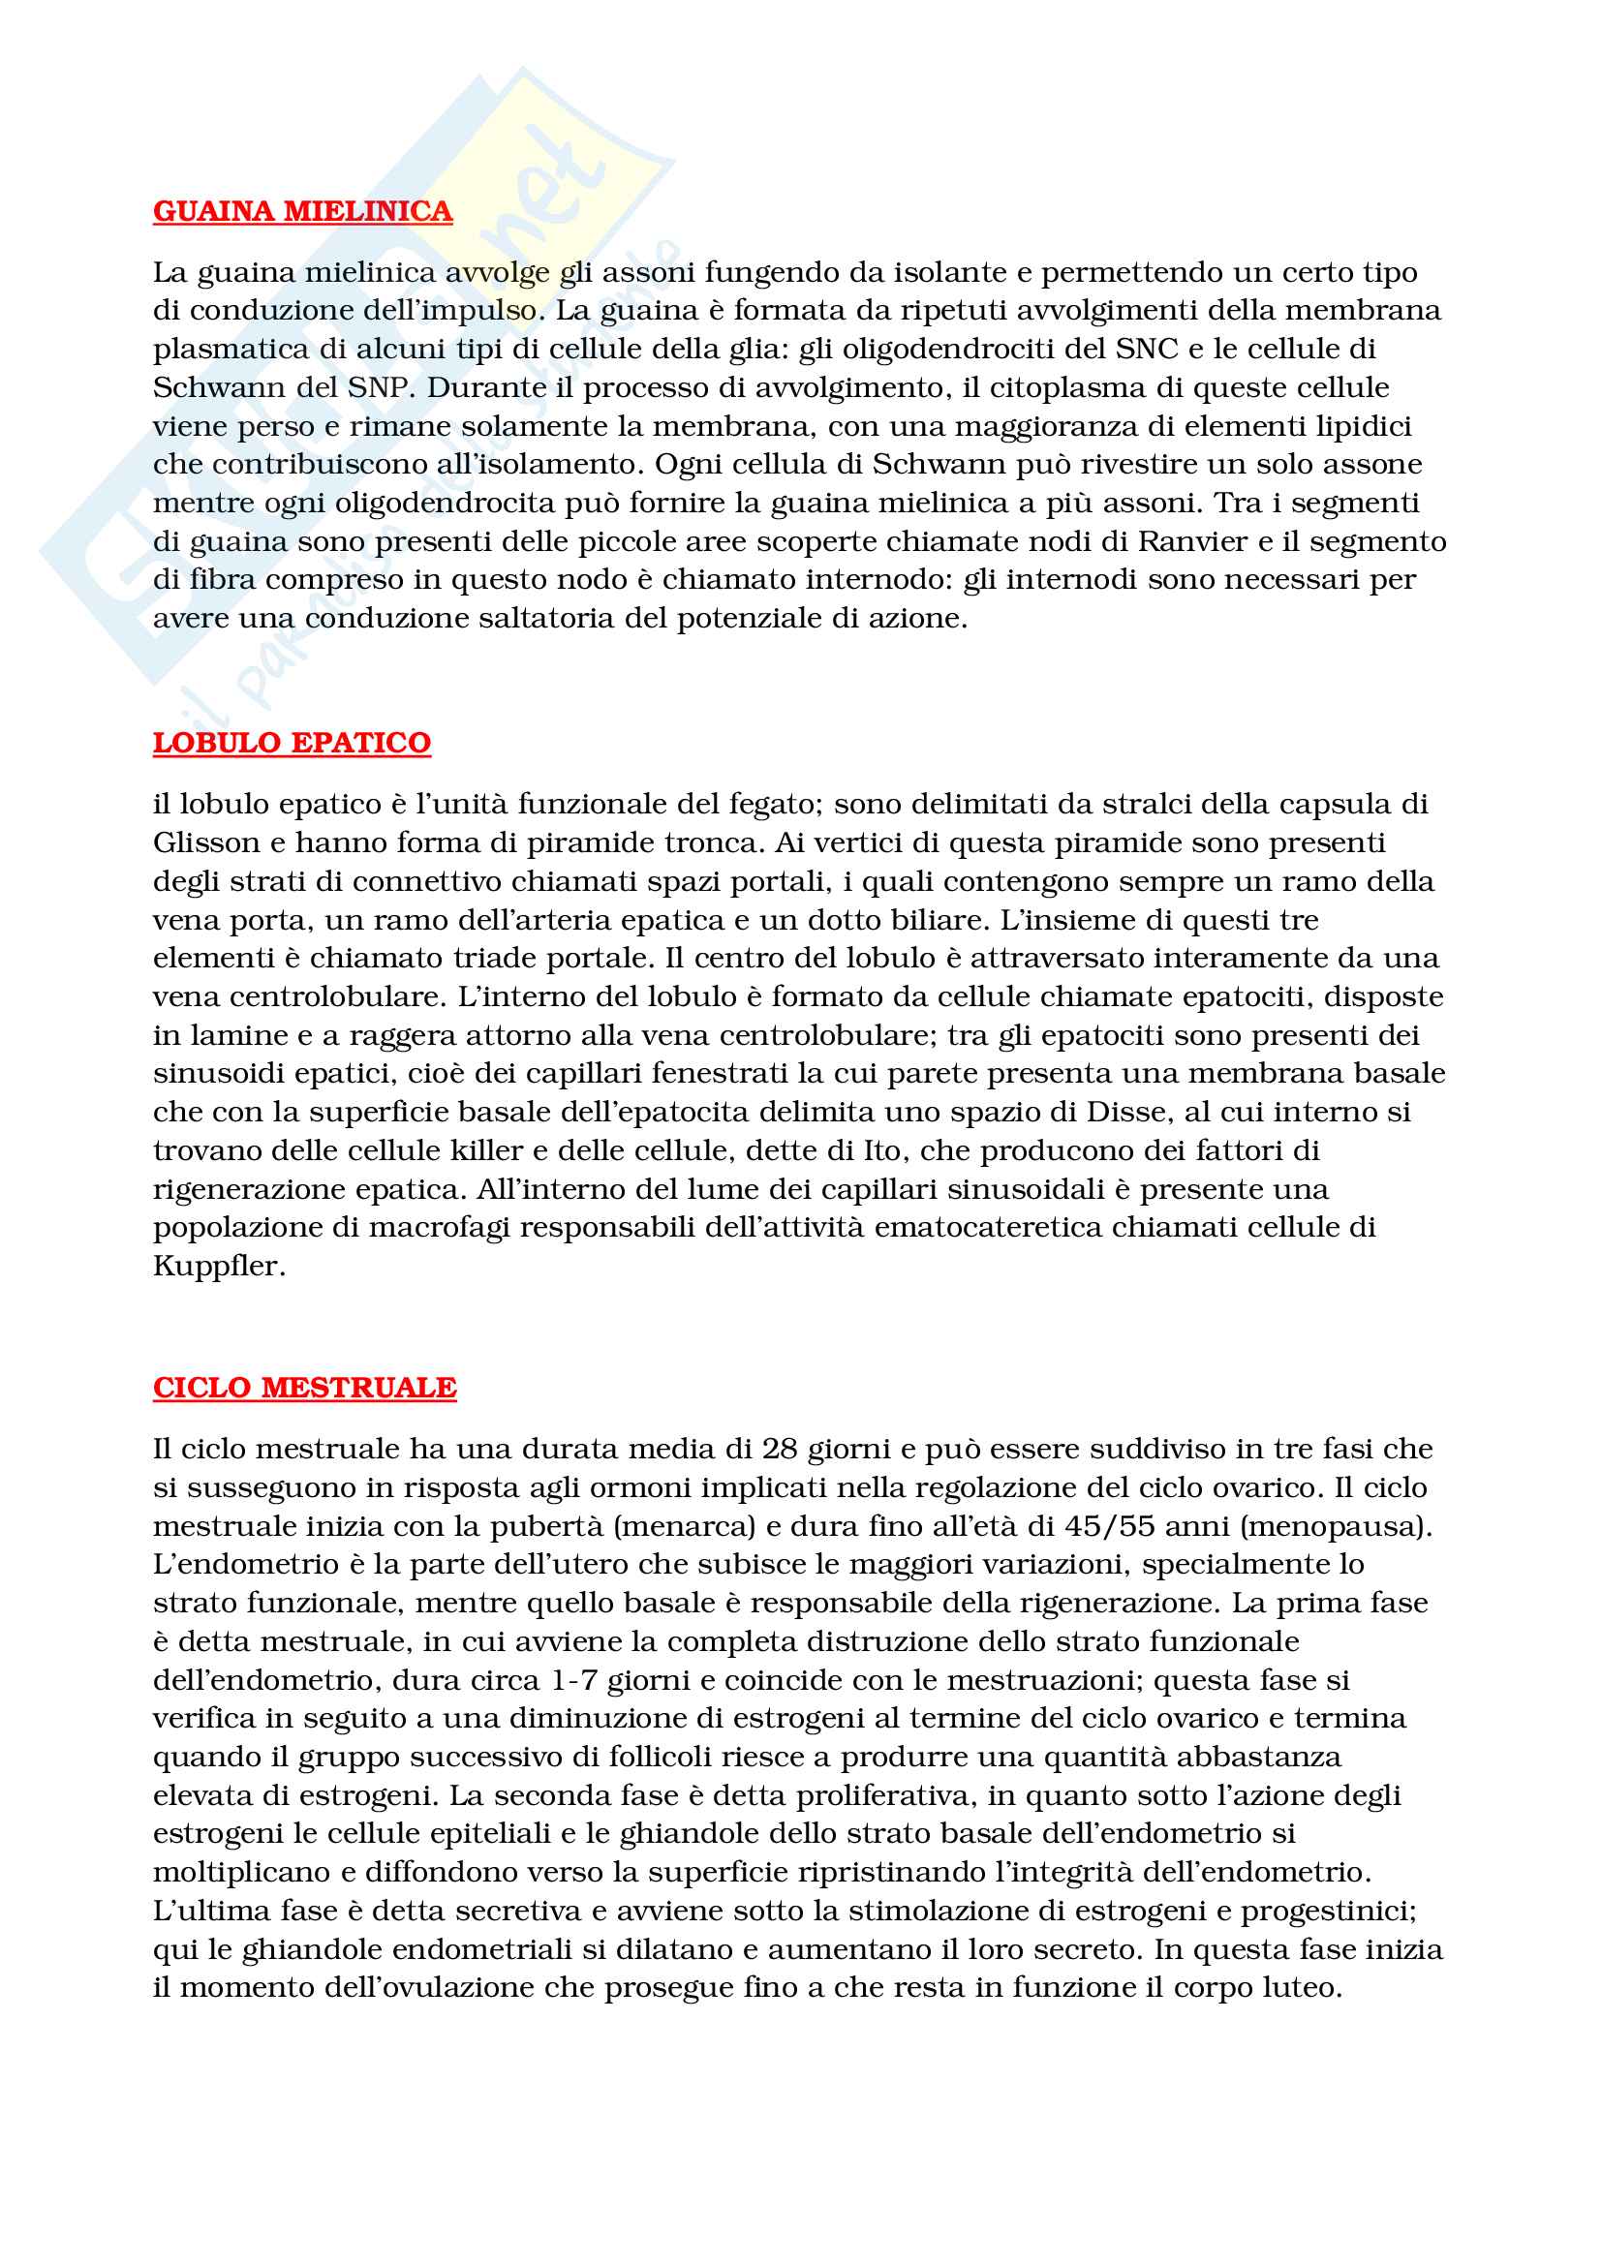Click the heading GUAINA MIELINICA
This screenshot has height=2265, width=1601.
302,211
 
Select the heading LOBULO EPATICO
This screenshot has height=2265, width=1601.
291,743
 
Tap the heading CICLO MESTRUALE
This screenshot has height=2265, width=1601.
304,1387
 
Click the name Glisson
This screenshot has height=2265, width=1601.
205,842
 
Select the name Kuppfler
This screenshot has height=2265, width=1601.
219,1266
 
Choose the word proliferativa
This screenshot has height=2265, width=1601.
885,1795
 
